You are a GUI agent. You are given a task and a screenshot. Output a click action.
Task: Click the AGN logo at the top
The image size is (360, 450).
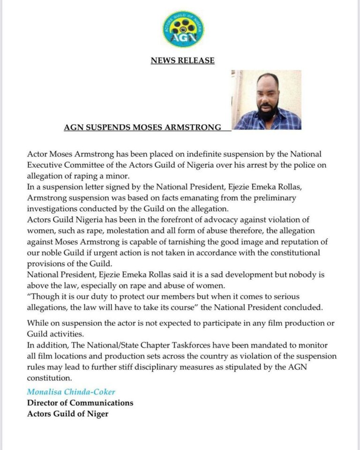(x=183, y=29)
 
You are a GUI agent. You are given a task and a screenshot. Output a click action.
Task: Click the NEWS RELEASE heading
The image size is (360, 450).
(x=182, y=60)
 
